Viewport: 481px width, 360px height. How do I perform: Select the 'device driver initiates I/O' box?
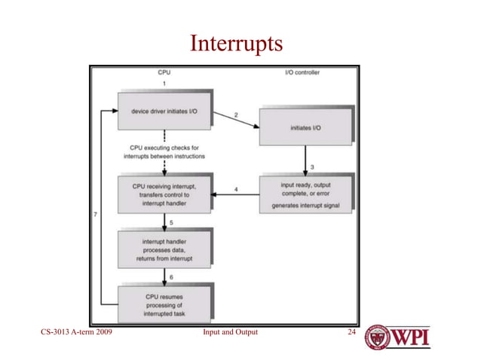pyautogui.click(x=164, y=111)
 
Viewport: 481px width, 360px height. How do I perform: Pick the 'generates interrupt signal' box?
pyautogui.click(x=305, y=194)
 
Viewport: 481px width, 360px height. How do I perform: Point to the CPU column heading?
pyautogui.click(x=164, y=73)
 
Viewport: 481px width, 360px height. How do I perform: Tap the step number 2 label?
pyautogui.click(x=236, y=114)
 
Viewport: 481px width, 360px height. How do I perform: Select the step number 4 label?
pyautogui.click(x=237, y=189)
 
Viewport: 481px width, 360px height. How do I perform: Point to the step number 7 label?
pyautogui.click(x=94, y=215)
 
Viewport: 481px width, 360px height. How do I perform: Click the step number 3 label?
pyautogui.click(x=312, y=166)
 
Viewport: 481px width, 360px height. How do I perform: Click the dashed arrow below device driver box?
pyautogui.click(x=164, y=136)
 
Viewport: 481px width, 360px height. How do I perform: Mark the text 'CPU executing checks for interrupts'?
pyautogui.click(x=164, y=151)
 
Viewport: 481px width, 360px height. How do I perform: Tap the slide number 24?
pyautogui.click(x=349, y=331)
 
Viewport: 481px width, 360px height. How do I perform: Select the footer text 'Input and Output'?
pyautogui.click(x=231, y=331)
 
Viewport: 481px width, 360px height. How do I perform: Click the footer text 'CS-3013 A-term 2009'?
pyautogui.click(x=73, y=331)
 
